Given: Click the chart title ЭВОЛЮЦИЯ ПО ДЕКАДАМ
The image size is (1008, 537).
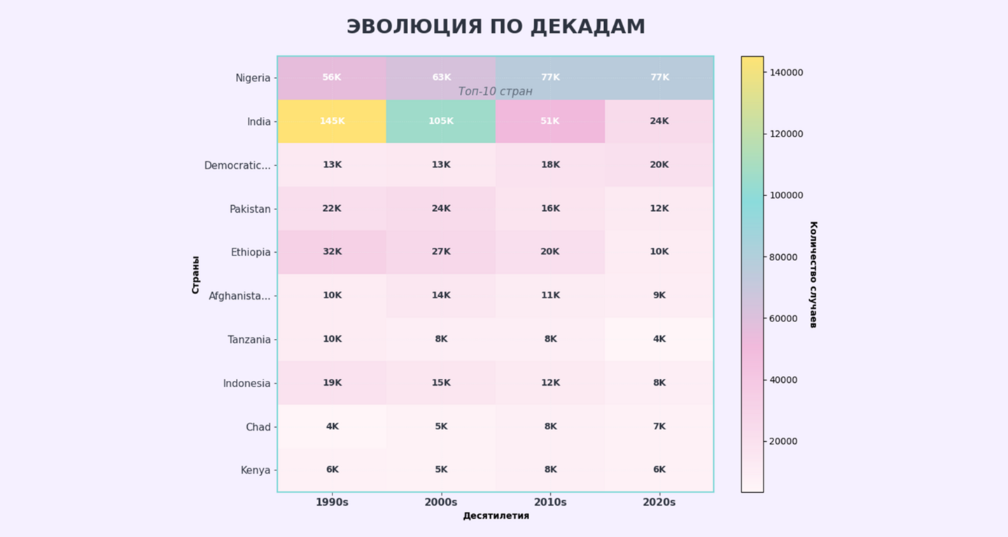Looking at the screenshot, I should pyautogui.click(x=496, y=27).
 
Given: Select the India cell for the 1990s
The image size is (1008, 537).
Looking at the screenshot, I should pyautogui.click(x=332, y=121).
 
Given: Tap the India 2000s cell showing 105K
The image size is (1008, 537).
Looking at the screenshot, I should pyautogui.click(x=441, y=121).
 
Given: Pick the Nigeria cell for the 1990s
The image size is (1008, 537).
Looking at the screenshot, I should pyautogui.click(x=332, y=77).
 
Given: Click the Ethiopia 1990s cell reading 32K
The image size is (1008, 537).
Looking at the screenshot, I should pyautogui.click(x=332, y=252).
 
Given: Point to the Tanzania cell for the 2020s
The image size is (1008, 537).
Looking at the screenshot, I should pyautogui.click(x=659, y=340).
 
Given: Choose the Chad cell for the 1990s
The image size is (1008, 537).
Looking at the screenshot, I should pyautogui.click(x=332, y=426).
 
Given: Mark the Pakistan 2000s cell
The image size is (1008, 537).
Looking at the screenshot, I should pyautogui.click(x=441, y=209).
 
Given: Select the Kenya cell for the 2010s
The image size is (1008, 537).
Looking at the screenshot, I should pyautogui.click(x=550, y=470).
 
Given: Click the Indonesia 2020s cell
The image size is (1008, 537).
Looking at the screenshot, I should pyautogui.click(x=659, y=383).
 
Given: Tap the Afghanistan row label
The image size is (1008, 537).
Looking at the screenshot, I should pyautogui.click(x=239, y=296).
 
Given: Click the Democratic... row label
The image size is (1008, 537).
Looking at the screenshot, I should pyautogui.click(x=237, y=166).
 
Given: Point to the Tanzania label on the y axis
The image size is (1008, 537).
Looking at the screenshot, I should pyautogui.click(x=248, y=340).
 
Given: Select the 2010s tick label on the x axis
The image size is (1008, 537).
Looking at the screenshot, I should pyautogui.click(x=550, y=502).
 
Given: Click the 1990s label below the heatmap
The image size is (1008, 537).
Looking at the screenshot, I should pyautogui.click(x=332, y=502).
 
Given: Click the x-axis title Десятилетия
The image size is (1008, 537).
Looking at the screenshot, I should pyautogui.click(x=496, y=516).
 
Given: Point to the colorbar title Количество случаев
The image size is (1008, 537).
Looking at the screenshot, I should pyautogui.click(x=813, y=274).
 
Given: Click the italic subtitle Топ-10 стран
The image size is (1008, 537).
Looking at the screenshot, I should pyautogui.click(x=496, y=92).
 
